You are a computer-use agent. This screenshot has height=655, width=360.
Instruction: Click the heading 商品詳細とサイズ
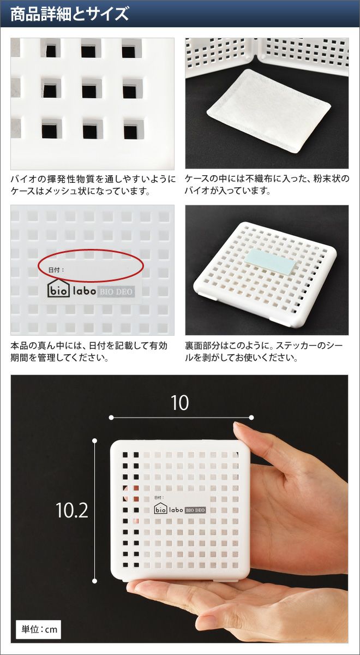[69, 14]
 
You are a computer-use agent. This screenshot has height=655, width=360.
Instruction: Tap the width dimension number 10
[179, 403]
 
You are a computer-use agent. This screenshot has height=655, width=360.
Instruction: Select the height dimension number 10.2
[71, 510]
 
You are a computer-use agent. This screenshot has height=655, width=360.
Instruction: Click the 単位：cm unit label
[39, 629]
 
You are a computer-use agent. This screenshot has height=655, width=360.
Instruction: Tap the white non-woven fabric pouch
[269, 111]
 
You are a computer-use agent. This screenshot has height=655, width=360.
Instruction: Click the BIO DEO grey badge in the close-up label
[116, 291]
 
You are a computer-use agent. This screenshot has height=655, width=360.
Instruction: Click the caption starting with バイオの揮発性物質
[93, 185]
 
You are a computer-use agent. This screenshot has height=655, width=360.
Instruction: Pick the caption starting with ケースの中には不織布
[267, 185]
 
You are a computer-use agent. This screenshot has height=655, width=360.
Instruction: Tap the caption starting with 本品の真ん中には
[89, 352]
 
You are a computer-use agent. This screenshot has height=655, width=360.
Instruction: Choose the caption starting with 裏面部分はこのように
[263, 352]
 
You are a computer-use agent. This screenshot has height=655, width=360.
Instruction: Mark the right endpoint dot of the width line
[251, 418]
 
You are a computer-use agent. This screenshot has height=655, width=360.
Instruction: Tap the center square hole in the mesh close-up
[92, 88]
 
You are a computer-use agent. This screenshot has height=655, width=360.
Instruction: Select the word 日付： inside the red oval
[56, 270]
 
